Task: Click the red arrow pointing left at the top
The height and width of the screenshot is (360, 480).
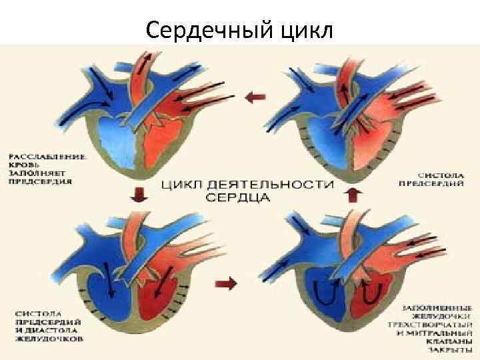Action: [x=254, y=97]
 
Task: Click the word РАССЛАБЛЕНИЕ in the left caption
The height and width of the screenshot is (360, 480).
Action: [x=47, y=157]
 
